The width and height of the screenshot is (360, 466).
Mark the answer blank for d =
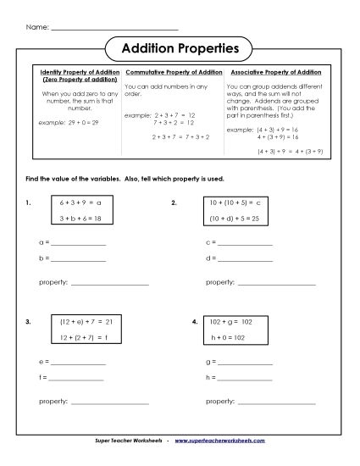[x=246, y=259]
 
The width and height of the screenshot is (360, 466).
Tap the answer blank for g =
[x=246, y=362]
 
